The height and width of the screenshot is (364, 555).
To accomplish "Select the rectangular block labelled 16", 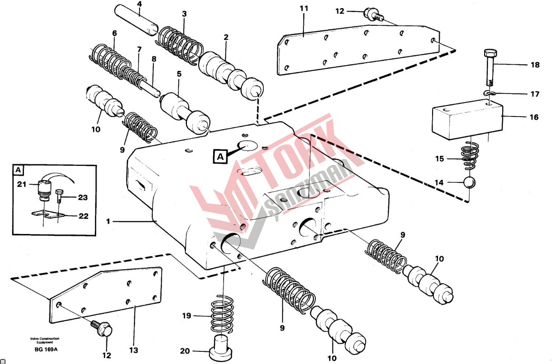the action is [467, 119].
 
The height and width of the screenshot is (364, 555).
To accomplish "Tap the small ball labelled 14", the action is [469, 182].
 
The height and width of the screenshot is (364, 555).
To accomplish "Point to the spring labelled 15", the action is [469, 155].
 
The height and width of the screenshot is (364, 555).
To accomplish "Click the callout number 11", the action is [304, 9].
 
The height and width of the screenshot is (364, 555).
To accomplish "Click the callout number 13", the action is [133, 350].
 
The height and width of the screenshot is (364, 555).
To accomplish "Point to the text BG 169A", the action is [46, 350].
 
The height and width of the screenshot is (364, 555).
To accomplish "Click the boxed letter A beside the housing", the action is [220, 157].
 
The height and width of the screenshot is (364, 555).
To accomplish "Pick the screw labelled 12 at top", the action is [373, 14].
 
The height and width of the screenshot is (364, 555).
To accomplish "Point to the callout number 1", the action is [108, 221].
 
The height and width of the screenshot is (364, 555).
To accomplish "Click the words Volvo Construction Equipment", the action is [45, 340].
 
